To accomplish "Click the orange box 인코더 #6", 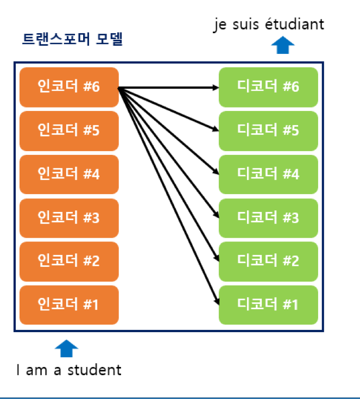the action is tap(68, 87).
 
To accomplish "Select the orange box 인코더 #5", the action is tap(68, 130).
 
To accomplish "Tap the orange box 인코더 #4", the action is tap(68, 174).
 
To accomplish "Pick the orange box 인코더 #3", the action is tap(68, 217).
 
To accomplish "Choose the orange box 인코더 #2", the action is tap(68, 261).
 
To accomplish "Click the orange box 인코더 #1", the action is tap(68, 304).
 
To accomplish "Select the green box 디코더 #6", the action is tap(268, 87).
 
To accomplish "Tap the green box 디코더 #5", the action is tap(268, 130).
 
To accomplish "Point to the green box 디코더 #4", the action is tap(268, 174).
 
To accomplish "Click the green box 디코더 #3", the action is tap(268, 217).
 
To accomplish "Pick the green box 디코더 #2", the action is tap(268, 261).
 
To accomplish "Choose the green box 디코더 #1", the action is tap(268, 304).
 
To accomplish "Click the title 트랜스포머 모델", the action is tap(72, 40).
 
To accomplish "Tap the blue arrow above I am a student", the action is tap(67, 348).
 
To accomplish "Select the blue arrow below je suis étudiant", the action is tap(282, 45).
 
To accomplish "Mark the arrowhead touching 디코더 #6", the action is tap(216, 87).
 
